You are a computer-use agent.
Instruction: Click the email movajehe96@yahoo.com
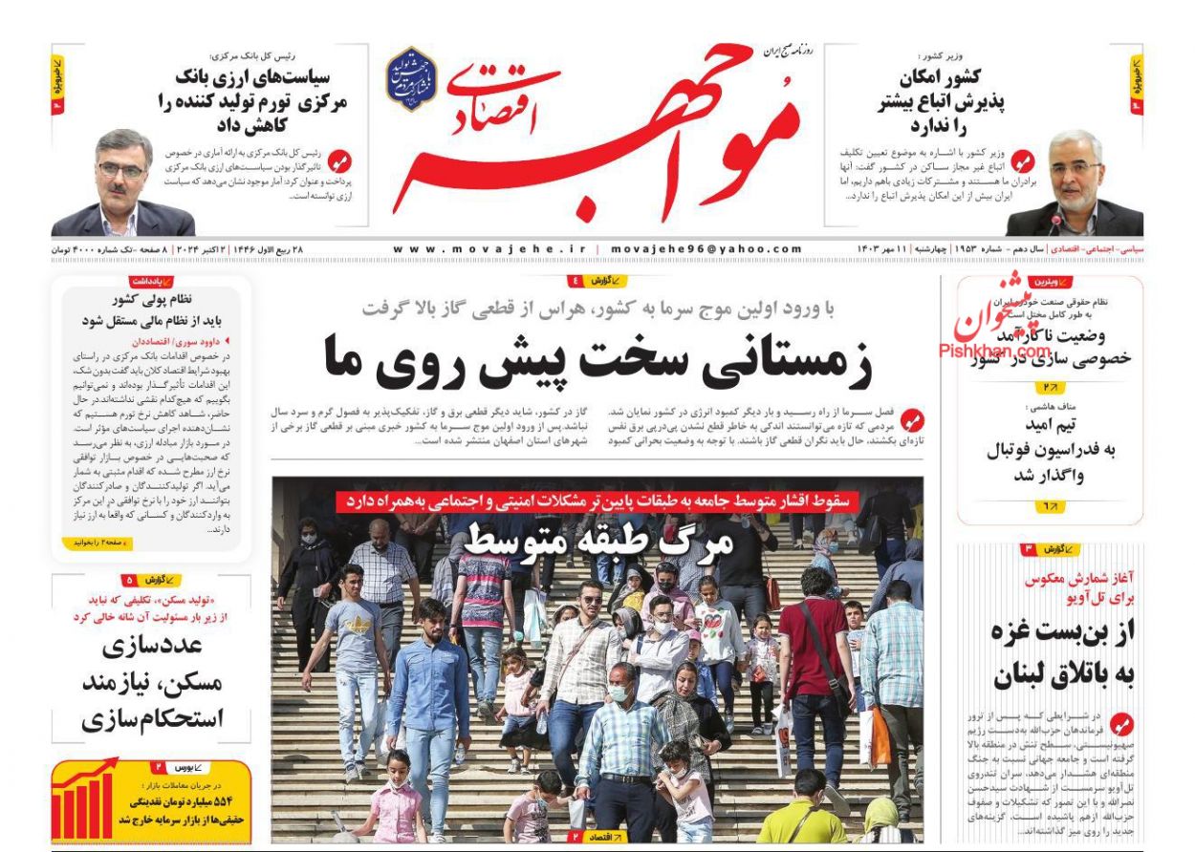[705, 249]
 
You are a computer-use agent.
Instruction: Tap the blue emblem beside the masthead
[411, 80]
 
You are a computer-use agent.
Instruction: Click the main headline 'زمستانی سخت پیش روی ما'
[598, 355]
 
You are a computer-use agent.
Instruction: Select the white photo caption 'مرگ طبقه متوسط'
[598, 542]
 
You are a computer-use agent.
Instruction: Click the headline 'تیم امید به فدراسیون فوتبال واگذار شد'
[1050, 451]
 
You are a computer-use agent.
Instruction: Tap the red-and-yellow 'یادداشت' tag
[151, 282]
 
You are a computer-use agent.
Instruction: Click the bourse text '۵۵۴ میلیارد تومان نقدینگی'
[185, 800]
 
